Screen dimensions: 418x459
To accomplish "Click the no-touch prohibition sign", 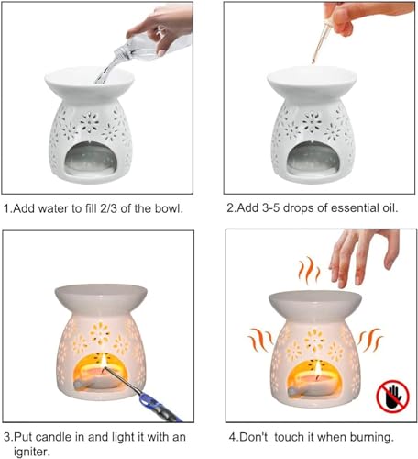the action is (392, 397).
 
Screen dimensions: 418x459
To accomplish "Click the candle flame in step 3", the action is (104, 361).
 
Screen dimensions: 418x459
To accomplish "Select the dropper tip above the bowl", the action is (313, 61).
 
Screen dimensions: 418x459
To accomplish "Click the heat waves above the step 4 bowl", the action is (309, 270).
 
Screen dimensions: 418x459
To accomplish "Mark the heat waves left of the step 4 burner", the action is (260, 340).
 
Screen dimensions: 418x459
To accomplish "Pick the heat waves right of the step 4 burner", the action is (370, 340).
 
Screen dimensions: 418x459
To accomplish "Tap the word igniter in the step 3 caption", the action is (32, 452).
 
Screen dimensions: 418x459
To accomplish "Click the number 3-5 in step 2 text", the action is (271, 208).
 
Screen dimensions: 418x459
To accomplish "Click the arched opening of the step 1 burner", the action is (91, 159).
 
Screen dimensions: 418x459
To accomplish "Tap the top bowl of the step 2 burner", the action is (312, 80).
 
